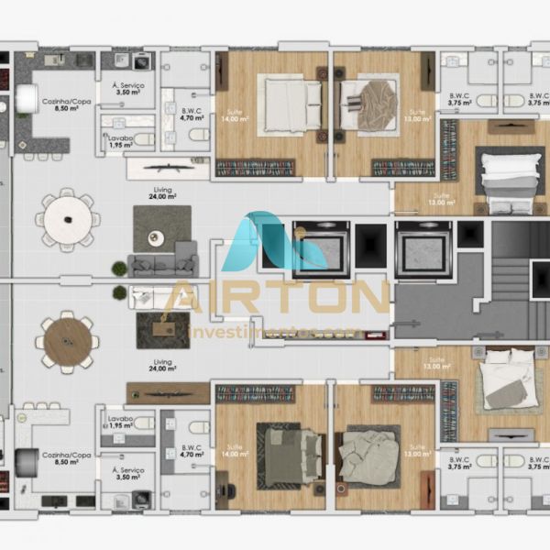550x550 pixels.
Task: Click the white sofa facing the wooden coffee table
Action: pyautogui.click(x=156, y=295)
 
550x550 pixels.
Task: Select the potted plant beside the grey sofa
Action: pyautogui.click(x=119, y=269)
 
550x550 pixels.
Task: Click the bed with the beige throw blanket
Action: pyautogui.click(x=369, y=96)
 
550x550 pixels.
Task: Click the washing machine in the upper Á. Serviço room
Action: pyautogui.click(x=143, y=62)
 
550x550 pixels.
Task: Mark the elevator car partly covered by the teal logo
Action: pyautogui.click(x=319, y=247)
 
